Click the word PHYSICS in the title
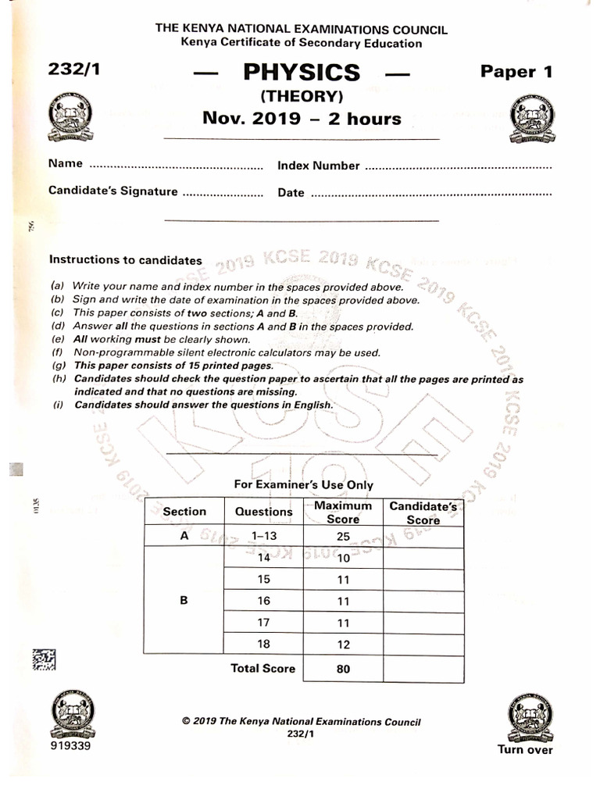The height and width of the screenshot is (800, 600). pos(302,73)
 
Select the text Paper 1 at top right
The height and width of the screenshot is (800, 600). pos(516,72)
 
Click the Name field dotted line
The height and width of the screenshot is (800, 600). pos(177,166)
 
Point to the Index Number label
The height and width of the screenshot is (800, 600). pos(318,166)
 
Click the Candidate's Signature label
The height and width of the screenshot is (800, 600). pos(112,191)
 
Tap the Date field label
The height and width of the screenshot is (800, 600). pos(291,193)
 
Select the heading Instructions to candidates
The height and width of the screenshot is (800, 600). pos(125,260)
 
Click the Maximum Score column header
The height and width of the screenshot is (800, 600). pos(342,512)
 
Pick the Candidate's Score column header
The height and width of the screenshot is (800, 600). pos(423,513)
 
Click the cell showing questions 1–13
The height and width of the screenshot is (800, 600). pos(263,537)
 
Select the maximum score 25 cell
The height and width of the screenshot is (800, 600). pos(342,537)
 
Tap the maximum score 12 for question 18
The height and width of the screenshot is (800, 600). pos(342,644)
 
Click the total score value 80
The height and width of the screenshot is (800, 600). pos(342,669)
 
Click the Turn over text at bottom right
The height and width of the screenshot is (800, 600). pos(525,750)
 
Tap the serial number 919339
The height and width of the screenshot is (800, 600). pos(69,746)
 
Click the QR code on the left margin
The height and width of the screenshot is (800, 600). pos(44,660)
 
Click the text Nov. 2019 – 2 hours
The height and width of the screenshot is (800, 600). pos(302,119)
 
